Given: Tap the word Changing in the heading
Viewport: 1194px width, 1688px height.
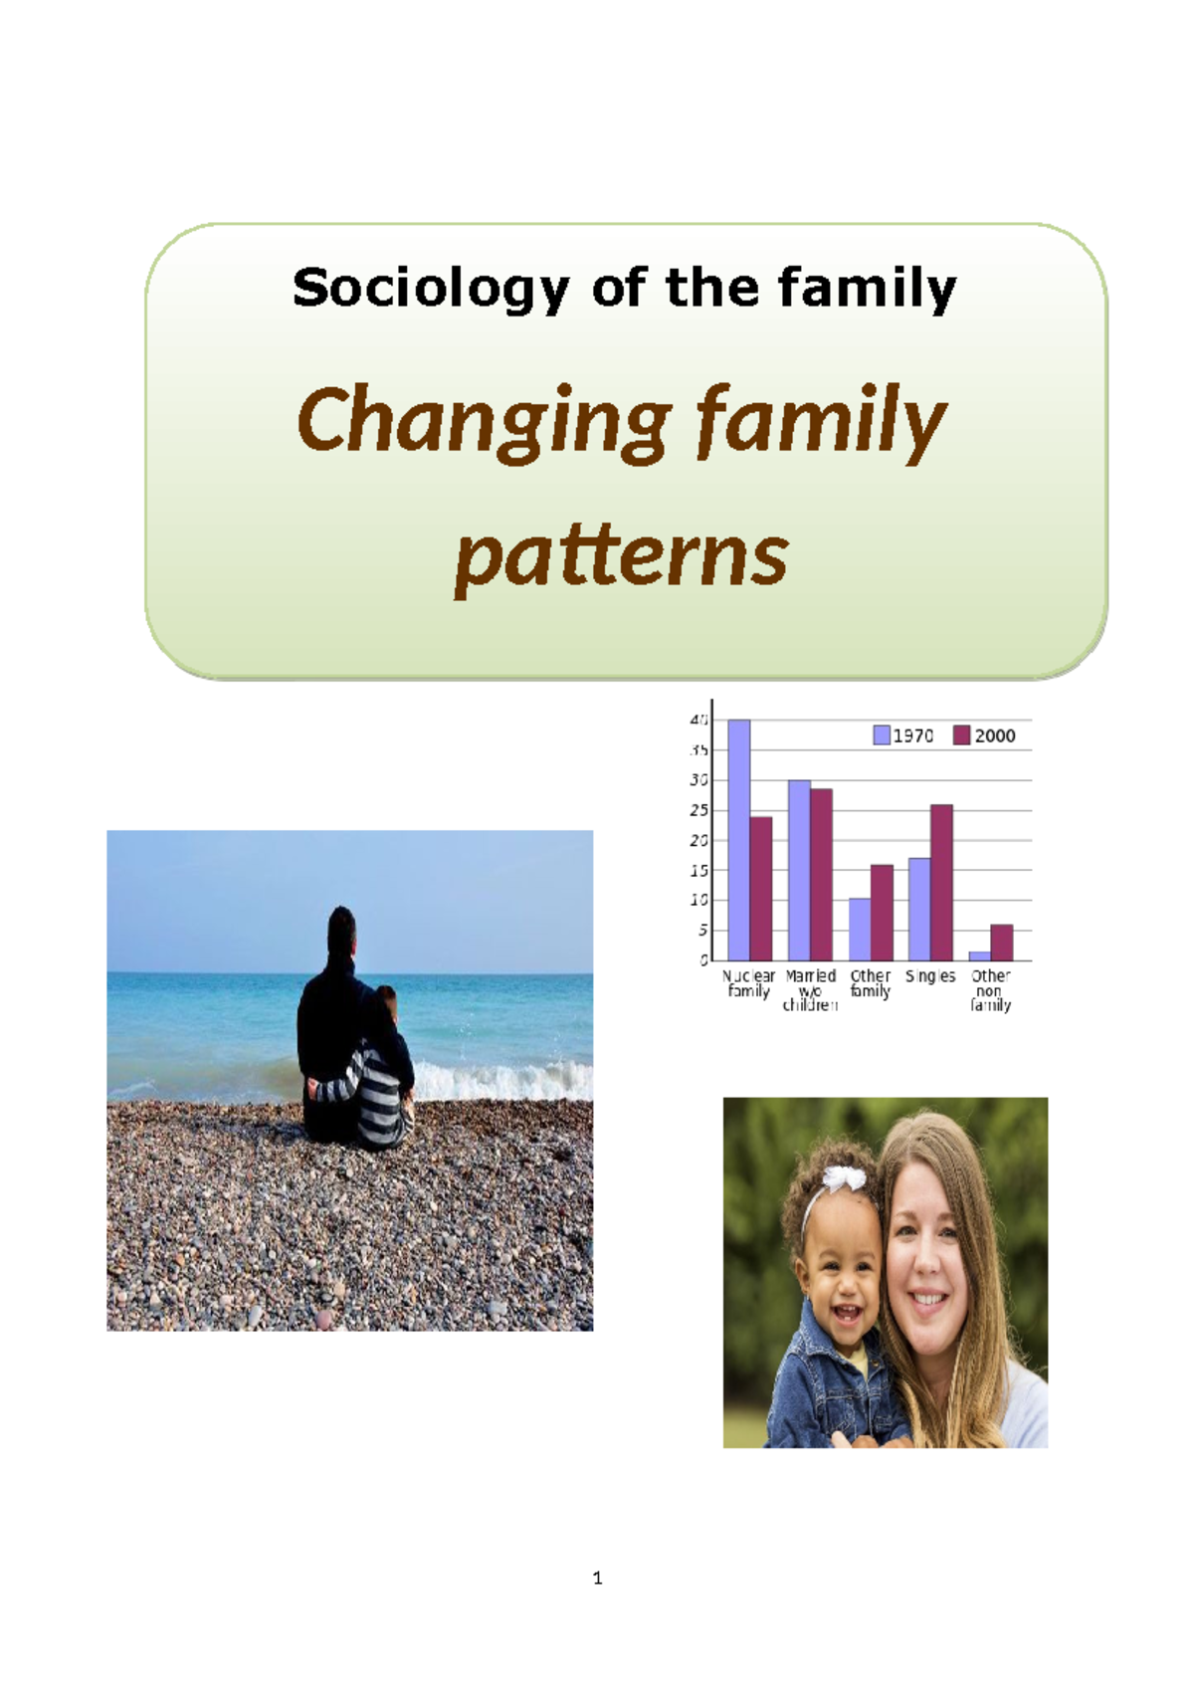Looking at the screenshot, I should (x=484, y=421).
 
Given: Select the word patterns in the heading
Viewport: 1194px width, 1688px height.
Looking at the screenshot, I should (x=621, y=555).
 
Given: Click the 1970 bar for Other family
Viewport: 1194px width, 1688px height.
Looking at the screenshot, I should (x=860, y=930).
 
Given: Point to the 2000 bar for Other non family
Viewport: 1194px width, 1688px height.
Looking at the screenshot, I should (x=1002, y=943).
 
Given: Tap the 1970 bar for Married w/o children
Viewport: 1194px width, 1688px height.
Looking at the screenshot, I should (x=799, y=870).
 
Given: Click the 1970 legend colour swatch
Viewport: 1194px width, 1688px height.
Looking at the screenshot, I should (x=882, y=736).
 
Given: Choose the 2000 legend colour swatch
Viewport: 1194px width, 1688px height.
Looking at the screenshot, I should (x=961, y=736).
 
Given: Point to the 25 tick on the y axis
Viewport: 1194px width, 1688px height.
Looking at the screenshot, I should (x=699, y=811).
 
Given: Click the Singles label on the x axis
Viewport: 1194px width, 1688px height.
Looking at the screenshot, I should (x=930, y=976).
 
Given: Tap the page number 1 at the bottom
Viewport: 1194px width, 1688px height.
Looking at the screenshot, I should (x=597, y=1578).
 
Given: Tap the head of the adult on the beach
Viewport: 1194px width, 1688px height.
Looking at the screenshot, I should (x=341, y=930).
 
